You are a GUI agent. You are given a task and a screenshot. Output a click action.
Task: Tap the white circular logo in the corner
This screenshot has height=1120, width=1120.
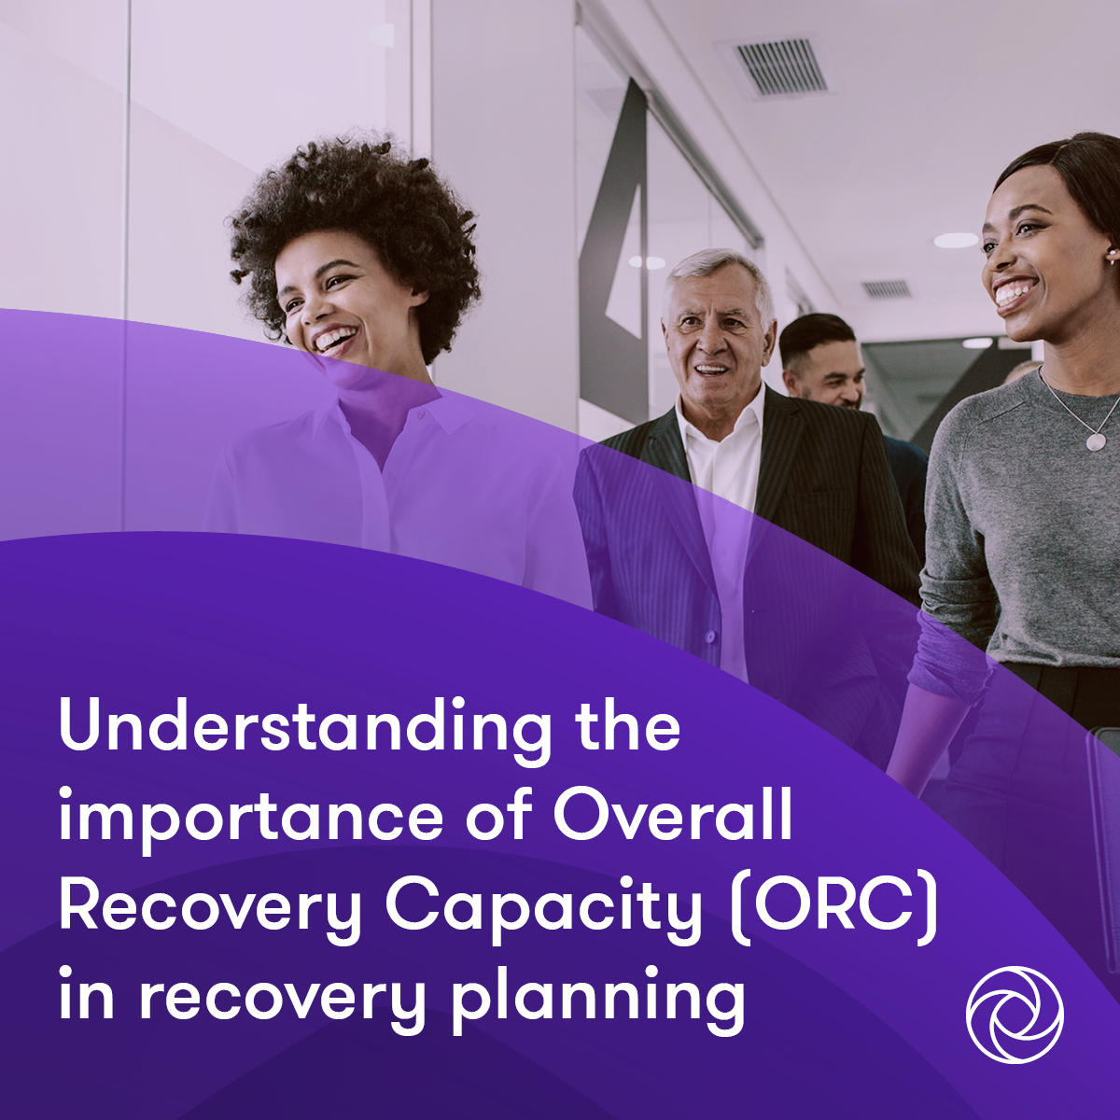pos(1015,1015)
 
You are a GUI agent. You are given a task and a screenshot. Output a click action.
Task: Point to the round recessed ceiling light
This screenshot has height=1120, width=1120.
pos(956,241)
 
